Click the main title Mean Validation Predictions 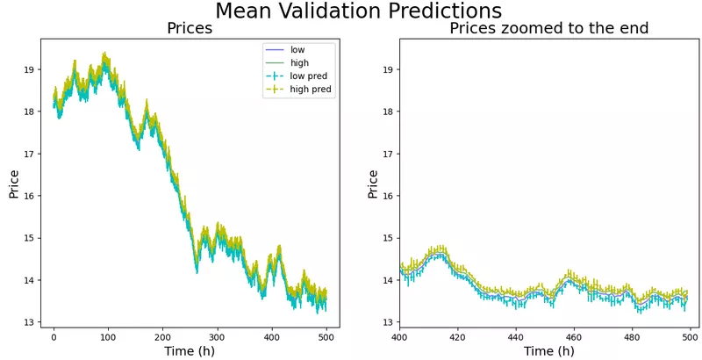(x=358, y=11)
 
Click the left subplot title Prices (x=190, y=29)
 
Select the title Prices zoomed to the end (x=548, y=29)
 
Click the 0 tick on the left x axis (x=54, y=336)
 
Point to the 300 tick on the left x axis (x=217, y=336)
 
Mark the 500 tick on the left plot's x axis (x=326, y=336)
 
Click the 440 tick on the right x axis (x=516, y=336)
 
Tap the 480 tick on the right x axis (x=633, y=336)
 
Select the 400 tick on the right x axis (x=399, y=336)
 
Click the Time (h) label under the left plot (x=190, y=351)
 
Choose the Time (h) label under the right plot (x=548, y=351)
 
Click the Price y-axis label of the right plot (x=374, y=184)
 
